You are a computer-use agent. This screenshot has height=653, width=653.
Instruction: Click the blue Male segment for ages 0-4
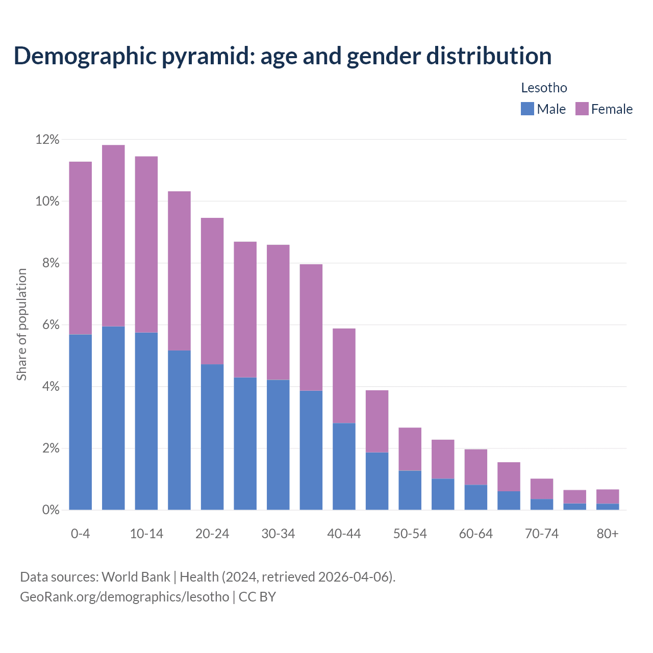click(x=81, y=422)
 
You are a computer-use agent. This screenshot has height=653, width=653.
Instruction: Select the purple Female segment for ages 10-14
click(x=146, y=244)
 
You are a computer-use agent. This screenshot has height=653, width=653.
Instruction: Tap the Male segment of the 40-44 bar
click(x=344, y=466)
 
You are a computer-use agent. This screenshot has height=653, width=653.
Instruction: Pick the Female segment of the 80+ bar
click(x=608, y=496)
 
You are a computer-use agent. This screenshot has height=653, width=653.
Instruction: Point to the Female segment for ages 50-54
click(x=410, y=449)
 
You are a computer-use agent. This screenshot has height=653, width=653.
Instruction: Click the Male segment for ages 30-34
click(x=278, y=445)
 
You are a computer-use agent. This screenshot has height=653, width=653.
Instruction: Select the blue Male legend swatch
click(x=527, y=109)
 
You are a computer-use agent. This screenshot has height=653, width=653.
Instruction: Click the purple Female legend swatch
click(x=582, y=109)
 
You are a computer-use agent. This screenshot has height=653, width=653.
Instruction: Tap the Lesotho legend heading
click(x=544, y=88)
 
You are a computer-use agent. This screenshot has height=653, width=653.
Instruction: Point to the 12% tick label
click(x=47, y=139)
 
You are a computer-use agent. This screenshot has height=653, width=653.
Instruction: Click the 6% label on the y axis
click(x=51, y=325)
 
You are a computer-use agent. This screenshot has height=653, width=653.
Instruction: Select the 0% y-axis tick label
click(x=51, y=510)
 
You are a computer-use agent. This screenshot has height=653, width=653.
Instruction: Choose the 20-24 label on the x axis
click(x=212, y=534)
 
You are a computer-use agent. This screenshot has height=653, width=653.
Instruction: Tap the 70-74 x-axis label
click(x=542, y=534)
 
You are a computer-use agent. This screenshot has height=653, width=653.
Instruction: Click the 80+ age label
click(x=608, y=534)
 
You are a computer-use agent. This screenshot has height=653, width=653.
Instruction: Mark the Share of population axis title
click(x=21, y=324)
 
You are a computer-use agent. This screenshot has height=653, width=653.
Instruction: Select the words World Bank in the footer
click(x=136, y=577)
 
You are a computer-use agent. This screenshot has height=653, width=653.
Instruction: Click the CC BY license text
click(x=257, y=597)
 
